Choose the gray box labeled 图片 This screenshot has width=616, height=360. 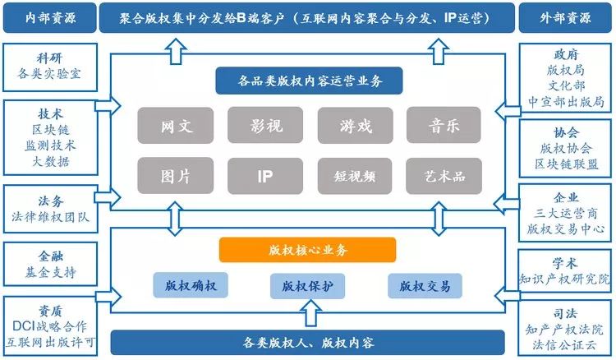pos(175,175)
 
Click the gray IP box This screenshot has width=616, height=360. pos(266,175)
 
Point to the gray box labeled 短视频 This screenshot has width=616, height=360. pos(355,175)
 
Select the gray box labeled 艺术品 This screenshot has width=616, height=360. pos(444,175)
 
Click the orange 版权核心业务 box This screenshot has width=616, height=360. pos(307,250)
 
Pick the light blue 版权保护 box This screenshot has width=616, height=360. pos(307,286)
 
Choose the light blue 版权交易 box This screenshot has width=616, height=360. pos(425,286)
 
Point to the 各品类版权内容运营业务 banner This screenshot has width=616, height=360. pos(308,81)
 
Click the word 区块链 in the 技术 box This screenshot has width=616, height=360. pos(51,130)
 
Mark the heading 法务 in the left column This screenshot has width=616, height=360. pos(51,201)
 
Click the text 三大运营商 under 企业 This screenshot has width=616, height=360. pos(567,213)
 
